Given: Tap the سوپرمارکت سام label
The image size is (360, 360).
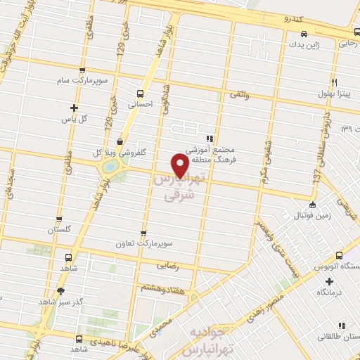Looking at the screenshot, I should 83,81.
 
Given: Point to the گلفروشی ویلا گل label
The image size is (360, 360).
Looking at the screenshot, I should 115,152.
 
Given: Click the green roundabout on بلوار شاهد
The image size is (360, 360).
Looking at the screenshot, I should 110,167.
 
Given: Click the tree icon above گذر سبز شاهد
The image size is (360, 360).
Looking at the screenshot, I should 61,291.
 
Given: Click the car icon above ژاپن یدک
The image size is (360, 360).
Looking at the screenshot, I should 303,34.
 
